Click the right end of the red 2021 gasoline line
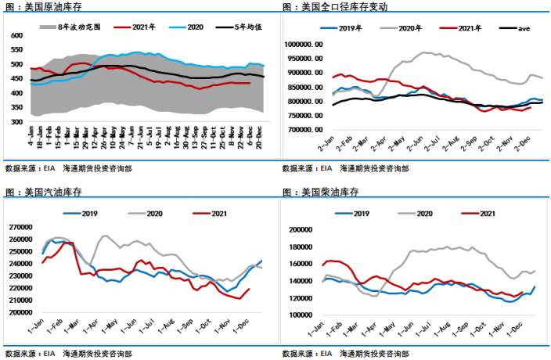250,289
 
